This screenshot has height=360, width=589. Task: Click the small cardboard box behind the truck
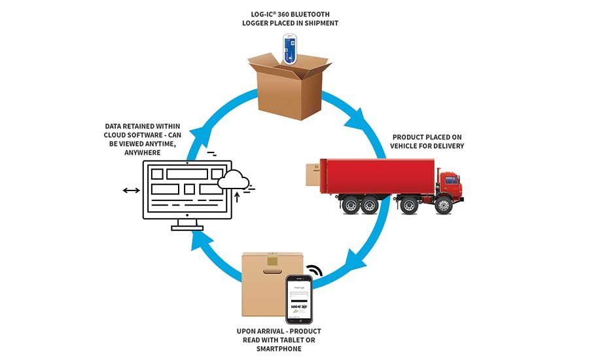(x=313, y=175)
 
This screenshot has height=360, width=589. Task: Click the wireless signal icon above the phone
(x=316, y=270)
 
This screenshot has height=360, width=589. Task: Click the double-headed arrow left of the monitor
(x=130, y=190)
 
